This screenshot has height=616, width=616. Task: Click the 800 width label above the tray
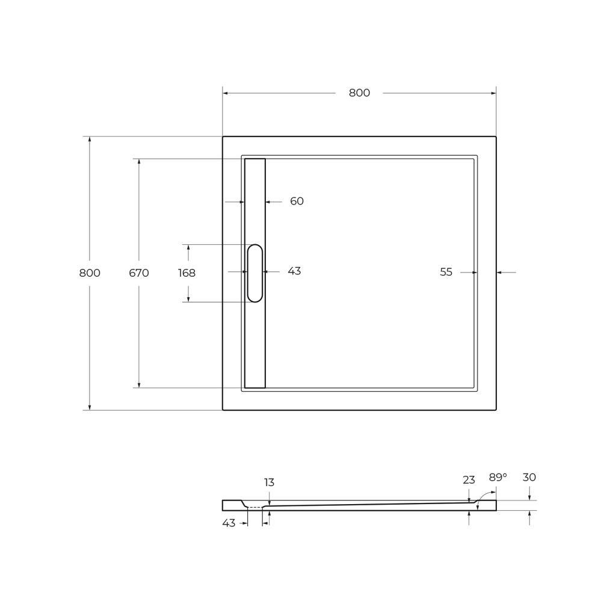pos(359,93)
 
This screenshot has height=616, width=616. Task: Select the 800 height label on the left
pos(90,273)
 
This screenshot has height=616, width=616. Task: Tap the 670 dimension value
pos(139,273)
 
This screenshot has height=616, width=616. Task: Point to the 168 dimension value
pos(187,273)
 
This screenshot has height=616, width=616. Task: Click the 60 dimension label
pos(297,201)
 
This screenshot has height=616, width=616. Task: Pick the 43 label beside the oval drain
pos(294,271)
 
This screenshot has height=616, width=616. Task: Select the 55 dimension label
pos(446,272)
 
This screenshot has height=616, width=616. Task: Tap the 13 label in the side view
pos(269,482)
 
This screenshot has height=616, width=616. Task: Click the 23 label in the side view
pos(469,480)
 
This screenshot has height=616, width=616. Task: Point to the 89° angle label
pos(497,477)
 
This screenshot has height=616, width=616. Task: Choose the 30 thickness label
pos(529,477)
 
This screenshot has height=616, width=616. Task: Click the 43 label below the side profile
pos(229,523)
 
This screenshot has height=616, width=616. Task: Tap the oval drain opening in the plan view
pos(255,273)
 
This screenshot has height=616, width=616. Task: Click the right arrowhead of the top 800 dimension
pos(493,93)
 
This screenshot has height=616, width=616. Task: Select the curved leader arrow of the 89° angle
pos(485,496)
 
